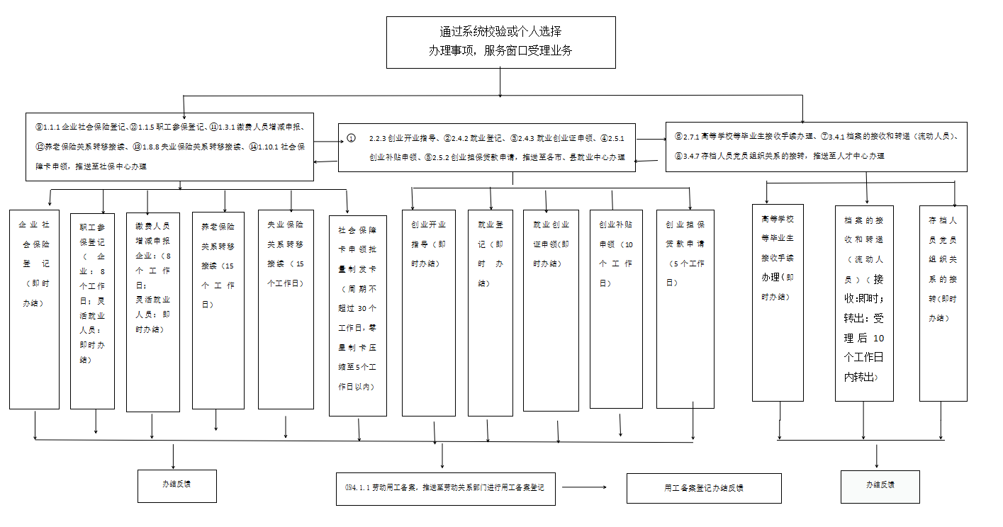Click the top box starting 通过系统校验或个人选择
point(500,42)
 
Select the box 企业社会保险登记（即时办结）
point(34,309)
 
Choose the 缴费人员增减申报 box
point(152,312)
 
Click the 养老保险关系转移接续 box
point(218,310)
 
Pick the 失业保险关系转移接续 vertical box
point(286,309)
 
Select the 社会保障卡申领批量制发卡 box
point(358,315)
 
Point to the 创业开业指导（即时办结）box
point(428,312)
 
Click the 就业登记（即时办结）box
point(490,312)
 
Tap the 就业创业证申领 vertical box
point(551,310)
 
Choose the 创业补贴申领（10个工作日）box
point(616,309)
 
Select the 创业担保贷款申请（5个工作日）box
point(685,309)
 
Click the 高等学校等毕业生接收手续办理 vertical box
point(778,302)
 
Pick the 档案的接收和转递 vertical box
point(863,303)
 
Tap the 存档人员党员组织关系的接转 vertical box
point(943,303)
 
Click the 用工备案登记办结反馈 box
point(704,488)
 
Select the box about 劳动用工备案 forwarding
point(445,488)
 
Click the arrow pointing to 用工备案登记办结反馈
point(585,487)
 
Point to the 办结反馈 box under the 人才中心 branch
point(880,486)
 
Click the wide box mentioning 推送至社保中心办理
point(169,146)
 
